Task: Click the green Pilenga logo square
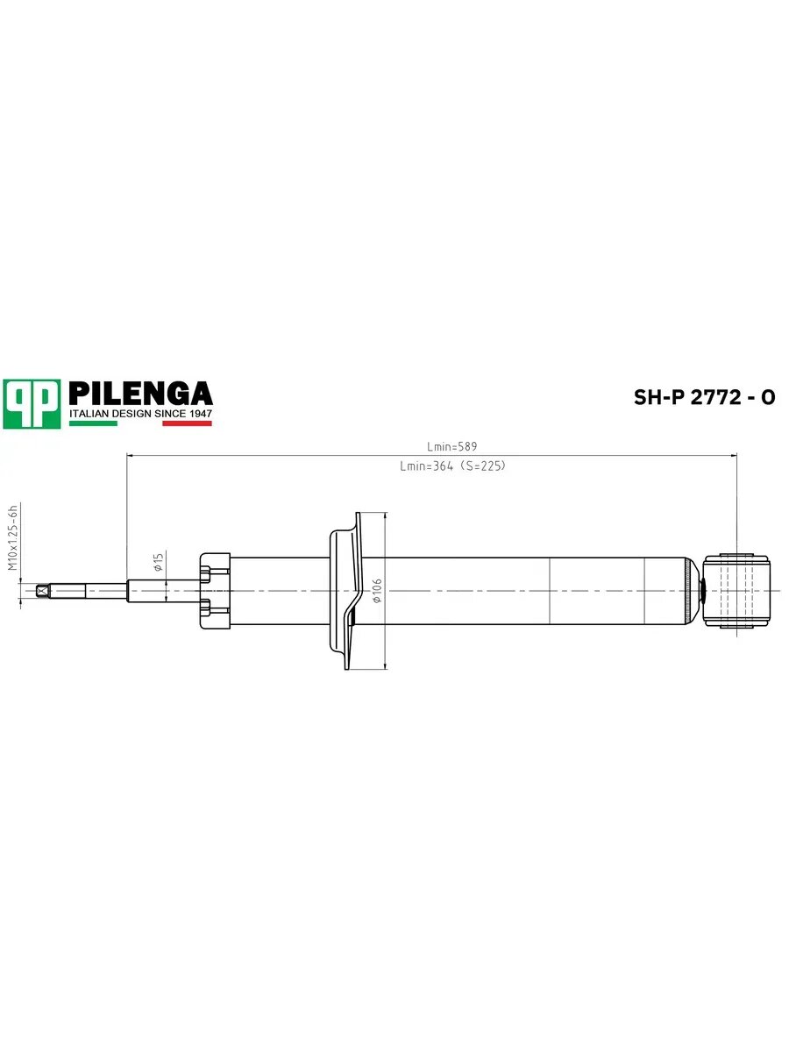(x=32, y=404)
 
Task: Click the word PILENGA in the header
(x=141, y=394)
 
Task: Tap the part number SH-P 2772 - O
(x=704, y=397)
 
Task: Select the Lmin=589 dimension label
(x=452, y=447)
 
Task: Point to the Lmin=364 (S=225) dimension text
(x=452, y=466)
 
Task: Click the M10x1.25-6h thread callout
(x=13, y=537)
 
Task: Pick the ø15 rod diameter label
(x=159, y=562)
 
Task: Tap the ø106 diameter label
(x=377, y=591)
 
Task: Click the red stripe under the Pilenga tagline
(x=187, y=423)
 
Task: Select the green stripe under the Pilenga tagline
(x=93, y=423)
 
